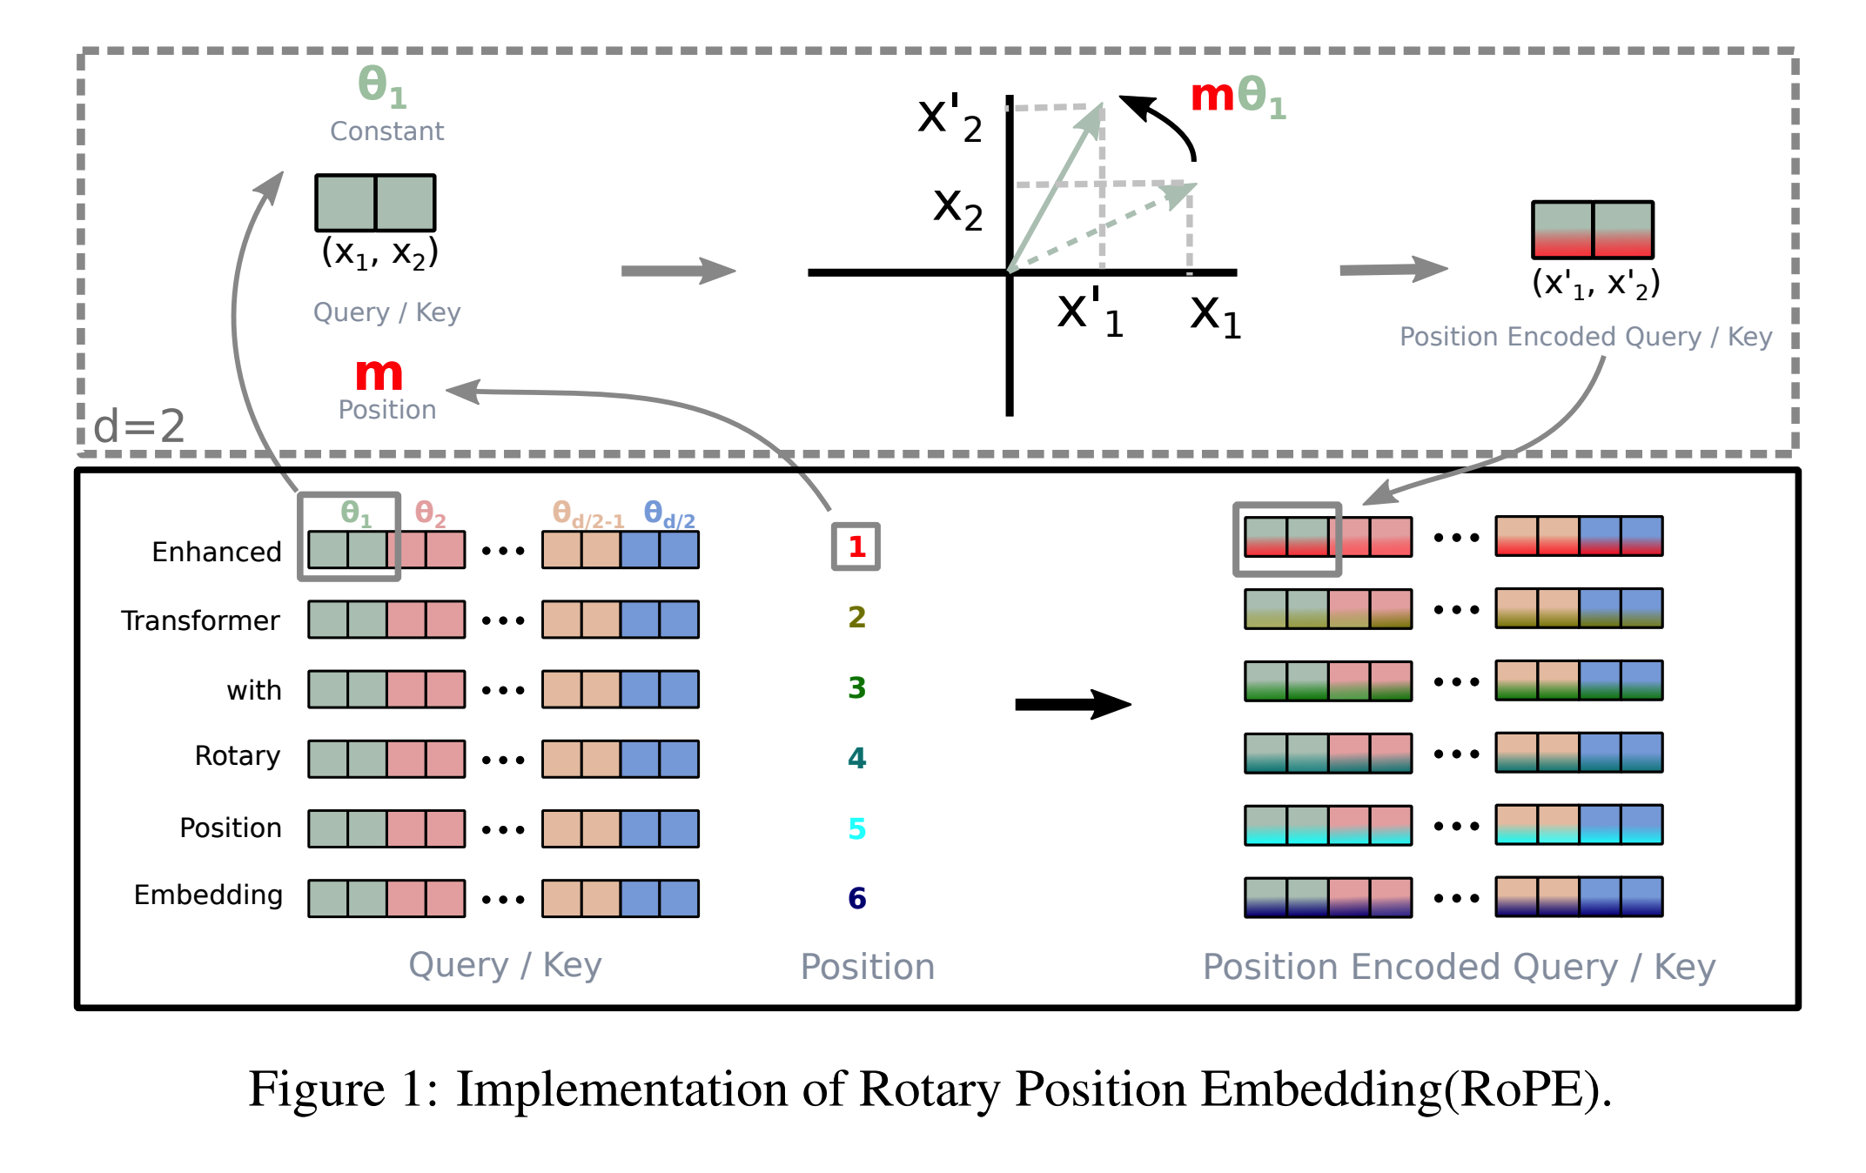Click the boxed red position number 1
click(x=856, y=546)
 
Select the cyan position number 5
click(x=856, y=828)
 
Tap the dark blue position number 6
click(x=856, y=898)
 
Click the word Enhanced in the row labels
click(x=217, y=552)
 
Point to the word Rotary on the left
click(x=237, y=755)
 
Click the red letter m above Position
click(x=379, y=374)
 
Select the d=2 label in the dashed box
click(x=139, y=426)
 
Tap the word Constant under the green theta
click(x=386, y=131)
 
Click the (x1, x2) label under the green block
click(x=379, y=253)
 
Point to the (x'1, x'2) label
click(x=1595, y=284)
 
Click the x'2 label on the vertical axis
click(x=949, y=118)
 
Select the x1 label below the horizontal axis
click(x=1215, y=314)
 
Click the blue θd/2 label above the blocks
click(x=668, y=514)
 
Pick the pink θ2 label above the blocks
click(x=430, y=513)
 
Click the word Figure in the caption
click(x=317, y=1089)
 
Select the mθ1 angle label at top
click(x=1238, y=96)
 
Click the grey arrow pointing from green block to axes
click(x=677, y=271)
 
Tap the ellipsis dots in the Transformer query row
click(x=503, y=620)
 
